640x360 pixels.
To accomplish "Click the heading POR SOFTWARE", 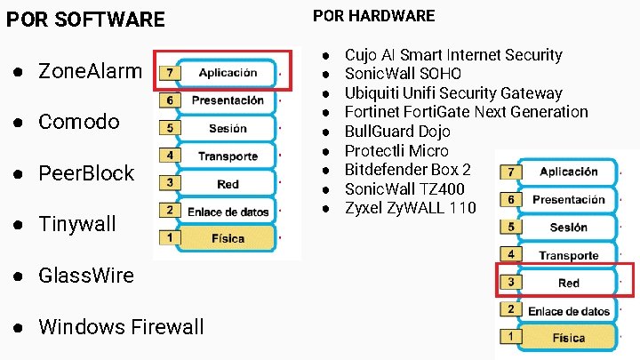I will click(85, 20).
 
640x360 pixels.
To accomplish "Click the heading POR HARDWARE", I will click(374, 16).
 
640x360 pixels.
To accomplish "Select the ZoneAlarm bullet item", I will click(90, 71).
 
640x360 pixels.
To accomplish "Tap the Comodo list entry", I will click(79, 122).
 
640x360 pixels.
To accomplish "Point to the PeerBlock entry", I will click(86, 173).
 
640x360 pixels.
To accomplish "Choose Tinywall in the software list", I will click(77, 224).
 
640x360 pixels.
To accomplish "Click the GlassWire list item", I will click(86, 276).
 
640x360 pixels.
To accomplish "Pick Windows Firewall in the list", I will click(121, 327).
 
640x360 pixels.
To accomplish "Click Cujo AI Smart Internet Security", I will click(453, 55).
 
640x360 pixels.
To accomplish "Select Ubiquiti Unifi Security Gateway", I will click(453, 93).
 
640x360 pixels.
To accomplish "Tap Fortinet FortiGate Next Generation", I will click(466, 112).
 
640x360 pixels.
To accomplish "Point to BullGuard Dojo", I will click(396, 132).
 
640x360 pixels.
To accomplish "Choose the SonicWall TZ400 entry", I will click(404, 188).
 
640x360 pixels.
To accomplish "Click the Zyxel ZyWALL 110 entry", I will click(410, 208).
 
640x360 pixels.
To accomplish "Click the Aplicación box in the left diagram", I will click(228, 73).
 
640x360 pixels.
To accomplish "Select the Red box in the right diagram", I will click(569, 284).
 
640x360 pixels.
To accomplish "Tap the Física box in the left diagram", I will click(228, 239).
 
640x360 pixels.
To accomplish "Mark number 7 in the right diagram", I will click(509, 172).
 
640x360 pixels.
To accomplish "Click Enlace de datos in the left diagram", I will click(228, 212).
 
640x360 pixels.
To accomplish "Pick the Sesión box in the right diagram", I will click(569, 228).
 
